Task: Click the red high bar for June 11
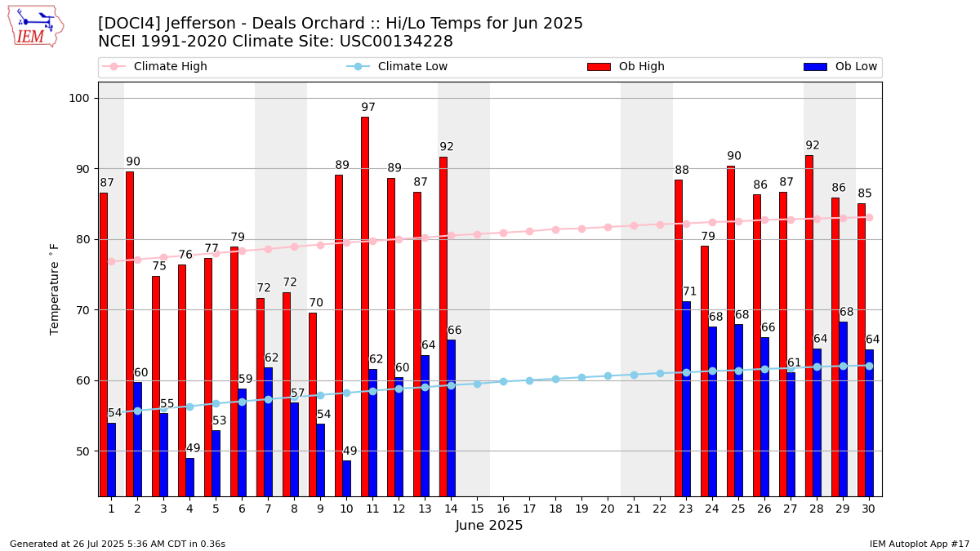(x=365, y=306)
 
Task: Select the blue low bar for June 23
(x=687, y=398)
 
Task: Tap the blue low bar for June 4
(x=190, y=477)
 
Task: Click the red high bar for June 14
(x=443, y=327)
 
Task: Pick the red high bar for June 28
(x=809, y=326)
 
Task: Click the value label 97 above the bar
(x=368, y=108)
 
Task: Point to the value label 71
(x=690, y=291)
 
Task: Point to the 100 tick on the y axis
(x=82, y=99)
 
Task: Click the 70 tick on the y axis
(x=86, y=310)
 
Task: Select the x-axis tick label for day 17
(x=529, y=509)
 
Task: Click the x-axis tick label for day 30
(x=869, y=509)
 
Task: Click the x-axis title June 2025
(x=489, y=527)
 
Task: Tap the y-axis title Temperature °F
(x=55, y=289)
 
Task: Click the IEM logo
(x=36, y=26)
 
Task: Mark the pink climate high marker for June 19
(x=581, y=229)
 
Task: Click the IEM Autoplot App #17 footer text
(x=920, y=544)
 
